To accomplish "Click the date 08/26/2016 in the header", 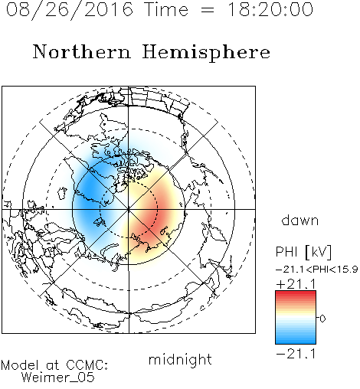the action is pyautogui.click(x=70, y=10).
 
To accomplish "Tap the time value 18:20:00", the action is pyautogui.click(x=270, y=9).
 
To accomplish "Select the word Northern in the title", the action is pyautogui.click(x=82, y=51).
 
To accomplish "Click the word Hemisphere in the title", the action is pyautogui.click(x=206, y=53).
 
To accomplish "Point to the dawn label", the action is pyautogui.click(x=300, y=220).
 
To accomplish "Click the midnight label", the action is pyautogui.click(x=180, y=360).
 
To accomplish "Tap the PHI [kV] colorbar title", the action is pyautogui.click(x=303, y=252).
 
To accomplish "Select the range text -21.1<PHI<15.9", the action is pyautogui.click(x=317, y=270).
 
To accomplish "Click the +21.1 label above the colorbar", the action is pyautogui.click(x=296, y=284).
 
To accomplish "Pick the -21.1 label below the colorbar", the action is pyautogui.click(x=296, y=354).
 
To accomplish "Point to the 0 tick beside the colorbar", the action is pyautogui.click(x=322, y=319).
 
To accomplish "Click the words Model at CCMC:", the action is pyautogui.click(x=54, y=365).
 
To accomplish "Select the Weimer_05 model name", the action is pyautogui.click(x=57, y=378).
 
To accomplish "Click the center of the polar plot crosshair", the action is pyautogui.click(x=129, y=209).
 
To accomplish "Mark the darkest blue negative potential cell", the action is pyautogui.click(x=87, y=194).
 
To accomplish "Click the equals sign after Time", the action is pyautogui.click(x=208, y=10).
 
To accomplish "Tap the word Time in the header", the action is pyautogui.click(x=166, y=9).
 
